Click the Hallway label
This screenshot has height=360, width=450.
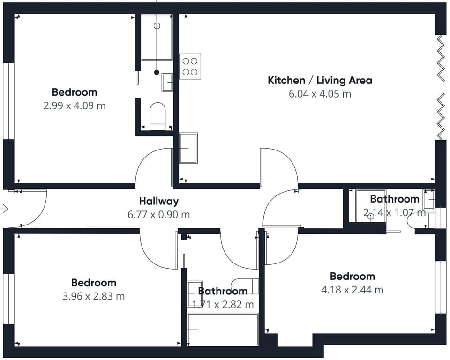click(x=159, y=201)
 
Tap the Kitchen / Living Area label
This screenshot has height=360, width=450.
click(x=320, y=80)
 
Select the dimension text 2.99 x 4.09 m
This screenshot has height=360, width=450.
click(x=75, y=106)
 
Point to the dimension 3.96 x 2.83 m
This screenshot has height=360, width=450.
click(x=94, y=296)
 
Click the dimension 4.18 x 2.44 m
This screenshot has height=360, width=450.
click(x=352, y=290)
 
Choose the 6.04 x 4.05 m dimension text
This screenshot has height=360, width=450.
click(x=320, y=94)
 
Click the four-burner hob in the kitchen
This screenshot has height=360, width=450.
click(x=190, y=67)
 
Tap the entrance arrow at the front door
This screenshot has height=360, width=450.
click(x=4, y=209)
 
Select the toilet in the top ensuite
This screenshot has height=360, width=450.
click(x=157, y=116)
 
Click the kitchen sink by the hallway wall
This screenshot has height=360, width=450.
click(x=188, y=148)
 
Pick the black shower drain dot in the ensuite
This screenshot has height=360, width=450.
click(x=157, y=72)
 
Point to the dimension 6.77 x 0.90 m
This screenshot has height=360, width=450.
click(x=159, y=214)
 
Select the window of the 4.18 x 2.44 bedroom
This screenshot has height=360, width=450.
click(x=441, y=287)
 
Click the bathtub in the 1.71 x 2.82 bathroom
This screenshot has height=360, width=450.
click(x=223, y=329)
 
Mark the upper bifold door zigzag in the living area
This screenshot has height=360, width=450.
click(x=441, y=58)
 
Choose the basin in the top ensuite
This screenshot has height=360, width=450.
click(x=167, y=82)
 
